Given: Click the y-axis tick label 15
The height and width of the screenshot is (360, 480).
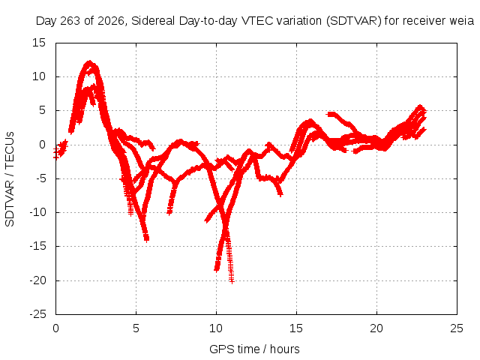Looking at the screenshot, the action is pyautogui.click(x=39, y=43).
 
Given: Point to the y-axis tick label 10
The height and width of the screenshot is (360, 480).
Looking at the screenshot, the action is pyautogui.click(x=39, y=76).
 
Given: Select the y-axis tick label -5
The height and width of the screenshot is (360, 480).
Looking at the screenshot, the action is pyautogui.click(x=38, y=178).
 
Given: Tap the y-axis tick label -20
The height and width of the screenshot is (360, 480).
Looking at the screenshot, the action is pyautogui.click(x=38, y=280).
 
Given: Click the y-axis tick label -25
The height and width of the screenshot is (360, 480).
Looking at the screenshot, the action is pyautogui.click(x=38, y=314).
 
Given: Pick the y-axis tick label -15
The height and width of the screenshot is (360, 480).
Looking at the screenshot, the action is pyautogui.click(x=38, y=246).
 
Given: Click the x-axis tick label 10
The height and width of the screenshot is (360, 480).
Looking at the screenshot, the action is pyautogui.click(x=216, y=328).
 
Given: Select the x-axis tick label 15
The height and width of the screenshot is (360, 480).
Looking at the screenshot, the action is pyautogui.click(x=296, y=328).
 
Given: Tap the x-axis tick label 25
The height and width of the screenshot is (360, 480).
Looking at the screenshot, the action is pyautogui.click(x=457, y=328).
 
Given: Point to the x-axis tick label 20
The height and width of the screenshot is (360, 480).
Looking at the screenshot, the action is pyautogui.click(x=376, y=328).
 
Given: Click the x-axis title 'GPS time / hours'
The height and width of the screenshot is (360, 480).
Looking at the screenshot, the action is pyautogui.click(x=254, y=349).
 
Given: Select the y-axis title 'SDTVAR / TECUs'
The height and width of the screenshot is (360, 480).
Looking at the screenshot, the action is pyautogui.click(x=10, y=179).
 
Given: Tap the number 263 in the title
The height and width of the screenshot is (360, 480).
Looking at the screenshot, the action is pyautogui.click(x=70, y=21).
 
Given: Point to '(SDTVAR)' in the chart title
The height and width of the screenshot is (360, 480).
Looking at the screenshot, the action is pyautogui.click(x=354, y=21).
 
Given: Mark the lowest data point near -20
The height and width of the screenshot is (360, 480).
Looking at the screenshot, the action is pyautogui.click(x=232, y=281).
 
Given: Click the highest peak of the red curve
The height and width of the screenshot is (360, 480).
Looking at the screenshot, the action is pyautogui.click(x=89, y=62).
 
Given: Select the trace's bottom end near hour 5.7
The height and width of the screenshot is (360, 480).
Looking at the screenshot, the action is pyautogui.click(x=147, y=239).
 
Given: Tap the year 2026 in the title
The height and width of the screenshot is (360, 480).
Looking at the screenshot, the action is pyautogui.click(x=110, y=21).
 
